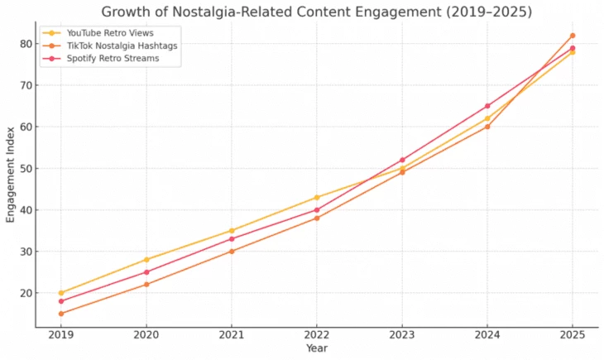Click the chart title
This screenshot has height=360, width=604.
tap(317, 12)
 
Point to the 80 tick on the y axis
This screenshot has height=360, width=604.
tap(25, 44)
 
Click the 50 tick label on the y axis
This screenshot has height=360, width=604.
tap(25, 169)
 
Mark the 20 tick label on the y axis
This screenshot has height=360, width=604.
tap(25, 293)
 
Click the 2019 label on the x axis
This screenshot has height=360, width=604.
tap(61, 335)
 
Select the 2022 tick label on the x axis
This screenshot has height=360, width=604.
tap(317, 335)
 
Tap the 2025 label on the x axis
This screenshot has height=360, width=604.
tap(572, 335)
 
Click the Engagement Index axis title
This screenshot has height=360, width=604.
tap(11, 174)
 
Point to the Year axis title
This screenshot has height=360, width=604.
tap(317, 348)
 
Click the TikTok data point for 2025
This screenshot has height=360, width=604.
tap(572, 36)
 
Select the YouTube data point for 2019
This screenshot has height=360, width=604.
tap(61, 293)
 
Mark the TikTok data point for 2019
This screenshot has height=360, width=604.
tap(61, 314)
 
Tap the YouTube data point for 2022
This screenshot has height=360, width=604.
tap(317, 197)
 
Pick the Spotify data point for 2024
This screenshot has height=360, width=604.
tap(487, 106)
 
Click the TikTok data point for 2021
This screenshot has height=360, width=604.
tap(232, 251)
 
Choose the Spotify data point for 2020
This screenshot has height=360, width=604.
tap(146, 271)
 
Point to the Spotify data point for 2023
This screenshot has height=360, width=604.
tap(402, 160)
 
